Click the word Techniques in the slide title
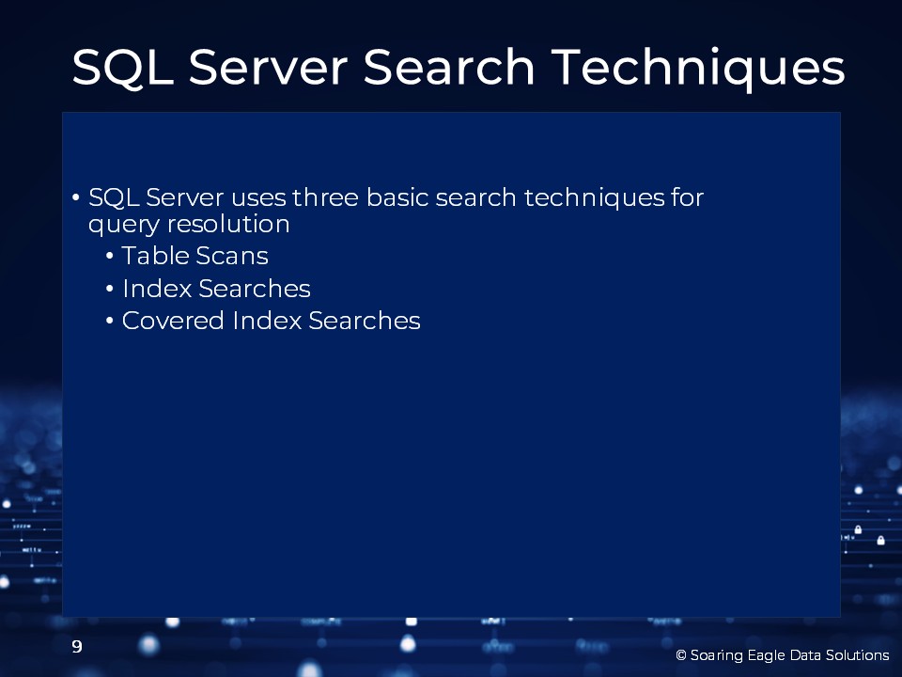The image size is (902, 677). pyautogui.click(x=698, y=69)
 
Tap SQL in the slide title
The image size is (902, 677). pyautogui.click(x=123, y=68)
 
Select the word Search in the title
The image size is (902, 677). pyautogui.click(x=449, y=67)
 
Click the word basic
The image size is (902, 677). pyautogui.click(x=397, y=197)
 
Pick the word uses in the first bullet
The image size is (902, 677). pyautogui.click(x=258, y=198)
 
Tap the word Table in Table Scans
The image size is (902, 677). pyautogui.click(x=155, y=256)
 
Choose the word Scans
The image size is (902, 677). pyautogui.click(x=232, y=256)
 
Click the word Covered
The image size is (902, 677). pyautogui.click(x=173, y=321)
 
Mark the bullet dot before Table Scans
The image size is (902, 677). pyautogui.click(x=110, y=256)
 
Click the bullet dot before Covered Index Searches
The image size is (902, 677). pyautogui.click(x=110, y=321)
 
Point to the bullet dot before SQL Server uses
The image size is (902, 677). pyautogui.click(x=76, y=197)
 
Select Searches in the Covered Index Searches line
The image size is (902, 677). pyautogui.click(x=365, y=321)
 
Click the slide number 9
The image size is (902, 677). pyautogui.click(x=77, y=647)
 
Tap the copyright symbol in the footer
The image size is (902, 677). pyautogui.click(x=681, y=655)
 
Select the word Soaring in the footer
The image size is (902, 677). pyautogui.click(x=717, y=655)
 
